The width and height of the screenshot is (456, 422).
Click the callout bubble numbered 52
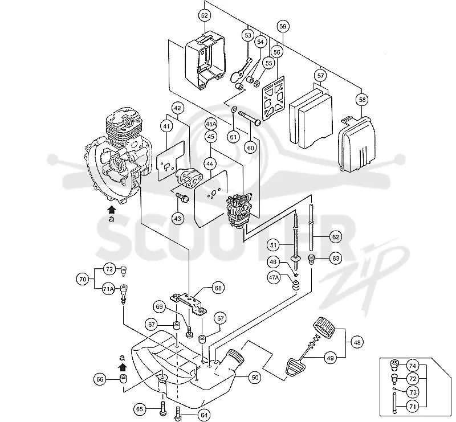205,15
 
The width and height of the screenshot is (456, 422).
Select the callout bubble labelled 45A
211,124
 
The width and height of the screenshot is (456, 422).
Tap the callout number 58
362,100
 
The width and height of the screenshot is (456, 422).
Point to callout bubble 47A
274,277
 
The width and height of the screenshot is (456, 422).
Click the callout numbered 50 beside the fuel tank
255,378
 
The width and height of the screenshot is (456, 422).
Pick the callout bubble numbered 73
413,392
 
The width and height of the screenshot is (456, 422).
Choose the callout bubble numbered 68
218,288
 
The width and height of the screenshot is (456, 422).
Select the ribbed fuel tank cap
324,327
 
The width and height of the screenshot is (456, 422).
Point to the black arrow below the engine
111,210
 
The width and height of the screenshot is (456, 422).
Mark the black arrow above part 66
123,367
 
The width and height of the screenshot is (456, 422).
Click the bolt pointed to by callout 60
250,118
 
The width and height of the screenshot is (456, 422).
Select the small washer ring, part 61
233,110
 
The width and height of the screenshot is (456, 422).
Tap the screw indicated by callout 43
182,198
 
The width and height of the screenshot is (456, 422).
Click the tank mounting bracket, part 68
188,303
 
